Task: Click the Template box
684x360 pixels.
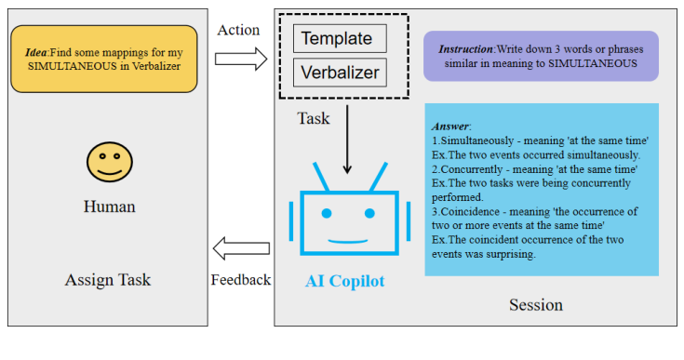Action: (x=339, y=38)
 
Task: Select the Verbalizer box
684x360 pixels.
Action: (x=339, y=71)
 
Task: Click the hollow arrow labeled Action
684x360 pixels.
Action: (x=240, y=59)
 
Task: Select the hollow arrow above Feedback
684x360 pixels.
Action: (x=240, y=248)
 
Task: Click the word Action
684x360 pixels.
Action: (x=238, y=30)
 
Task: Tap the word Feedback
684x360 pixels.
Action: (x=240, y=279)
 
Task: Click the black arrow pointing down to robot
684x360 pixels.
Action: (x=347, y=140)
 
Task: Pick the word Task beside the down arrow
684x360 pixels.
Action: (x=314, y=118)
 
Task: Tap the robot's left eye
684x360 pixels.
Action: (x=327, y=214)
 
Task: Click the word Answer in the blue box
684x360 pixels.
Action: (x=450, y=126)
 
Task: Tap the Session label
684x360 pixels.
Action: (x=535, y=304)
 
